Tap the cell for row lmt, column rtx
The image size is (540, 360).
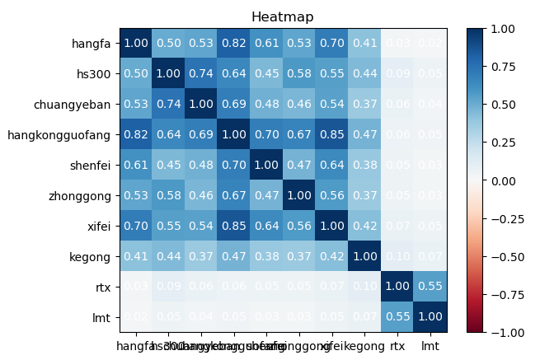pos(396,316)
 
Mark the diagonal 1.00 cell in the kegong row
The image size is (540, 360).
pos(363,256)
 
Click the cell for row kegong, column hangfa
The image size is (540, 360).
pos(136,256)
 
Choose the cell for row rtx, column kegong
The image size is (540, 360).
pos(363,286)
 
